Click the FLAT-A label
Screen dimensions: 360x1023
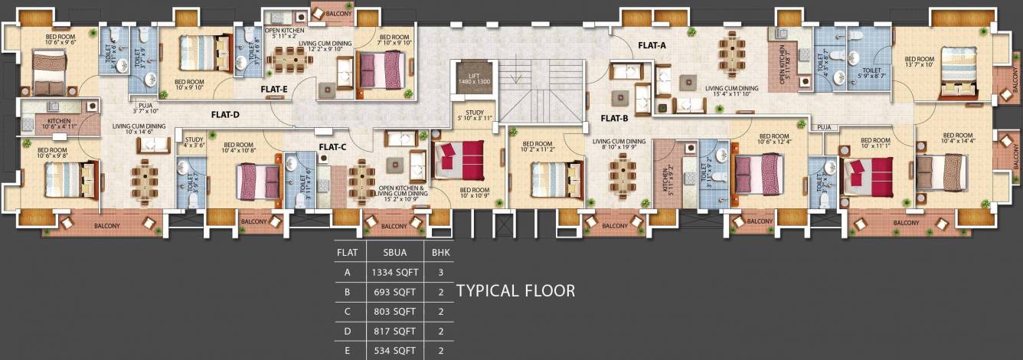point(652,45)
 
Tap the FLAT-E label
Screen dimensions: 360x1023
point(273,89)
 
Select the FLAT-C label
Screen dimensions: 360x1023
point(332,146)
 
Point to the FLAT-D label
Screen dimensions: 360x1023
point(225,115)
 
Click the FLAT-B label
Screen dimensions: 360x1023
point(614,118)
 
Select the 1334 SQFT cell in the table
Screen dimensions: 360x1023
point(394,271)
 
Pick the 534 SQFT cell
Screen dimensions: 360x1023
point(394,351)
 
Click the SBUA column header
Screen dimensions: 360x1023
point(394,251)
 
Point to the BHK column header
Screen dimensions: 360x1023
point(440,251)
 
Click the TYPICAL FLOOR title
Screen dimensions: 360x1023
point(515,291)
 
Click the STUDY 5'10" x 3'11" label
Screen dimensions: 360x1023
point(471,113)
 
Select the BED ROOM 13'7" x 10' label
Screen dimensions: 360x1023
point(919,61)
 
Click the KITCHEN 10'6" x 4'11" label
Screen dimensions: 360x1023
point(59,125)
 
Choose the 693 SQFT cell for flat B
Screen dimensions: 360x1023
point(394,291)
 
